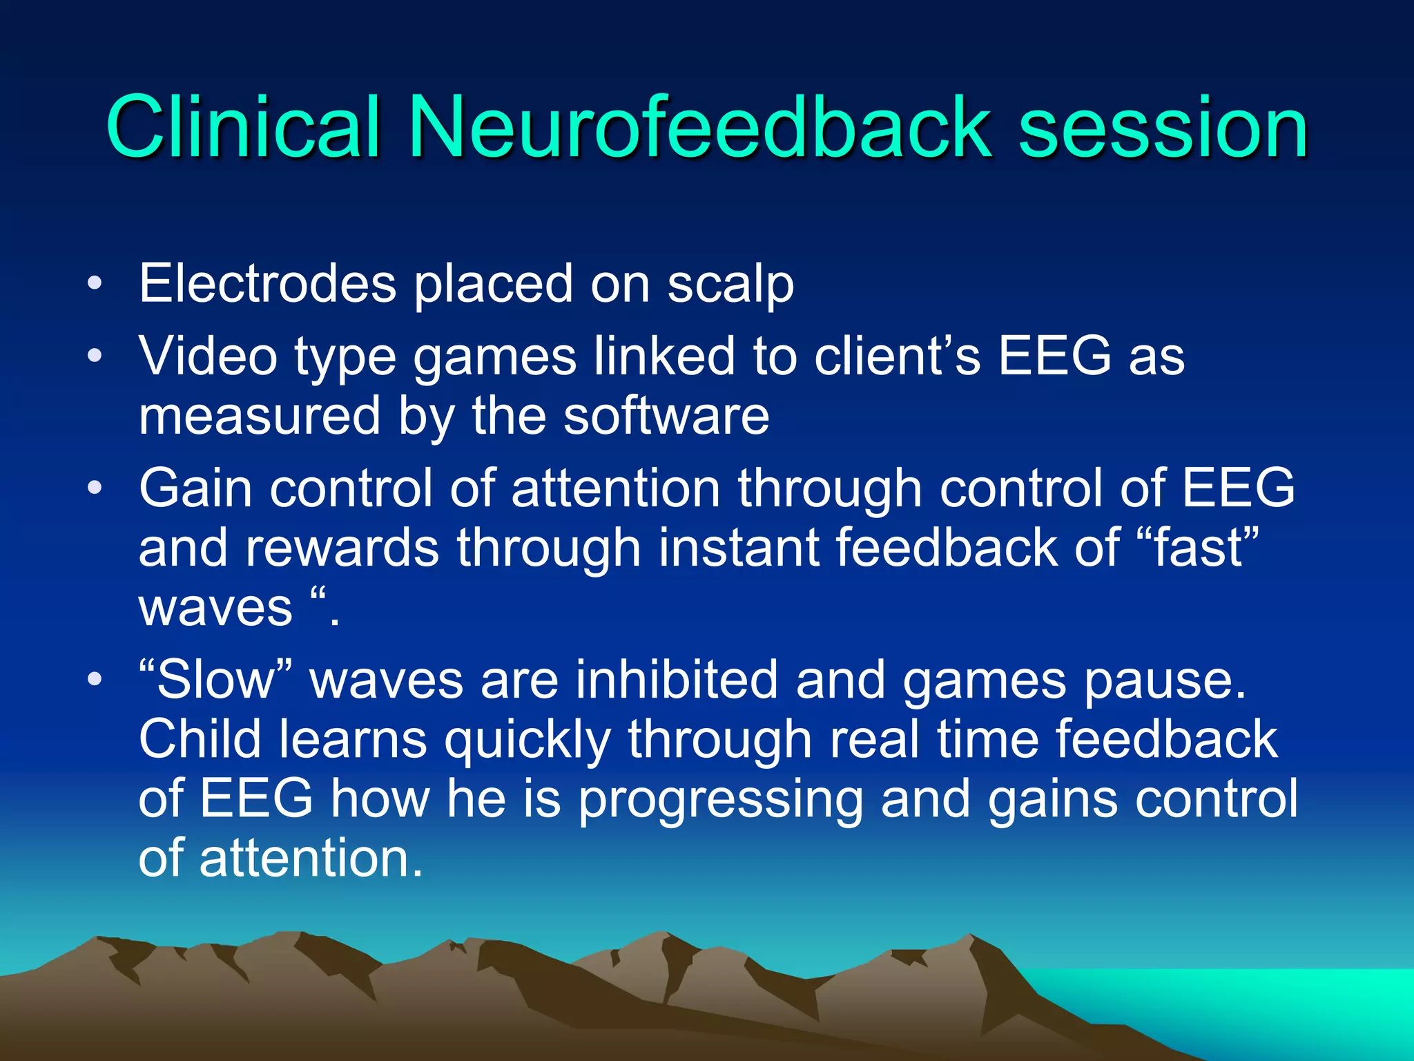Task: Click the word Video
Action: click(x=208, y=356)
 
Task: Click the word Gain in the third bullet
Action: click(x=195, y=488)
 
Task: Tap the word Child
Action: click(x=200, y=739)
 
